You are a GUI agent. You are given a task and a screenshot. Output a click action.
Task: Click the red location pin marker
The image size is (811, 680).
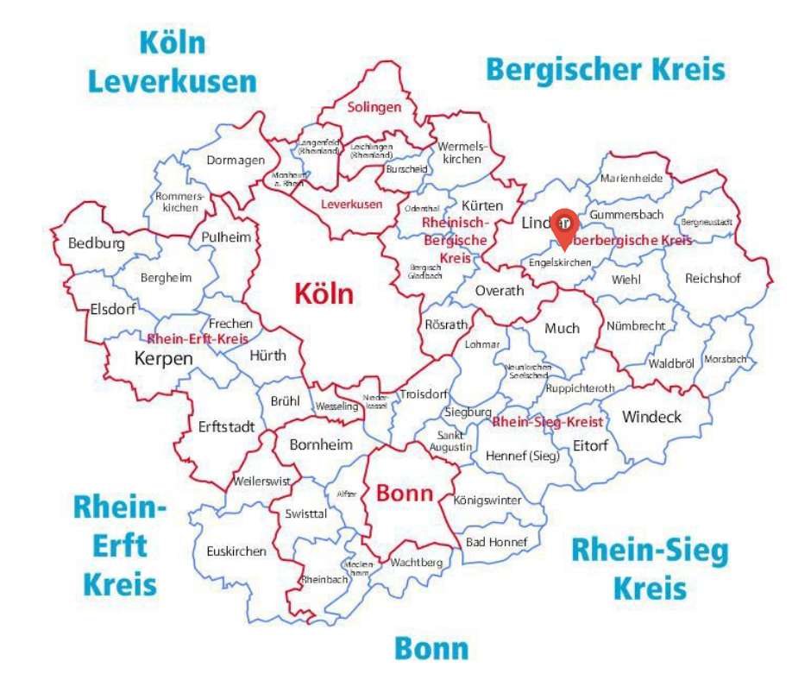click(x=564, y=226)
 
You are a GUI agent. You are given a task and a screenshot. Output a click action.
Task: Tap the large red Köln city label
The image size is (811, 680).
click(x=324, y=293)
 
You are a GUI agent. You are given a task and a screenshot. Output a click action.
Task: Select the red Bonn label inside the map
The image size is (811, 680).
click(x=404, y=494)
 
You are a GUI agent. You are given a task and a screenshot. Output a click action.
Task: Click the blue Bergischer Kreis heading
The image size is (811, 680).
click(x=606, y=68)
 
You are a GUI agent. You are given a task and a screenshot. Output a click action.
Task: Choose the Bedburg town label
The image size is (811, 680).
click(x=96, y=243)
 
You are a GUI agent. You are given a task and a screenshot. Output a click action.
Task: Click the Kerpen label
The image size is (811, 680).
click(x=164, y=357)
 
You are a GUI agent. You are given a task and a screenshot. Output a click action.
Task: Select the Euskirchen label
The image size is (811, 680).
click(x=236, y=551)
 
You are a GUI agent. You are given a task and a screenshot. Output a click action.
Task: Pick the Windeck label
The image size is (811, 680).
click(x=651, y=417)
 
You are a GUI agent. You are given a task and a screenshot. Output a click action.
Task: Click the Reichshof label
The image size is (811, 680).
click(x=714, y=278)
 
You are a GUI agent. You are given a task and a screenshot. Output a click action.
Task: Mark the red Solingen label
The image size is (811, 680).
click(x=374, y=108)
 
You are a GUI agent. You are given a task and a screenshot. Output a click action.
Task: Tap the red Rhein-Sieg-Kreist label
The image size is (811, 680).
click(x=547, y=422)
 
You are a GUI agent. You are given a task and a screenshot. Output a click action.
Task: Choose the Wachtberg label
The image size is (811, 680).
click(x=416, y=563)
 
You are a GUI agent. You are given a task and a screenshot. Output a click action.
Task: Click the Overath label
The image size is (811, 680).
click(x=500, y=290)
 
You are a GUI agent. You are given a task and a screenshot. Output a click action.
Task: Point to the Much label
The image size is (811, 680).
click(x=562, y=328)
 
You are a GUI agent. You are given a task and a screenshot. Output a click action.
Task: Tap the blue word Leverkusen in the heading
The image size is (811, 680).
click(x=173, y=82)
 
